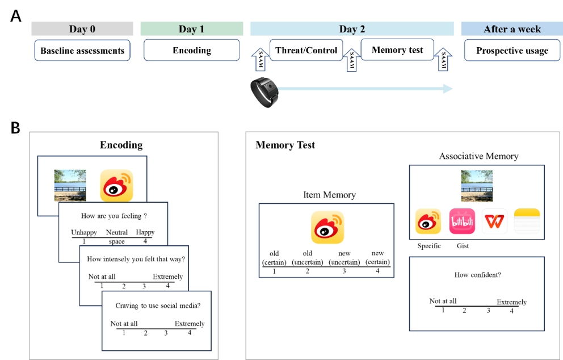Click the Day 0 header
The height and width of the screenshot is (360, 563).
(82, 29)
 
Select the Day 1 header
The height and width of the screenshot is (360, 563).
(191, 29)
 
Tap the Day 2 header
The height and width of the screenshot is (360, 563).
(352, 29)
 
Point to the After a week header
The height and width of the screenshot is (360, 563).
(511, 29)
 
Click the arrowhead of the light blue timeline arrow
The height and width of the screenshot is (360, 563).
(448, 89)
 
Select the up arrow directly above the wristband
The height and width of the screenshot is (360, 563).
(260, 60)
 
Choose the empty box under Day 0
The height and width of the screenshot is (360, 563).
(82, 50)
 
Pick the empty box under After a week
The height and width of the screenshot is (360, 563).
(512, 50)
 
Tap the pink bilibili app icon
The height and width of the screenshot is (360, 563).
(462, 221)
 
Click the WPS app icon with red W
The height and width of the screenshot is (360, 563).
(494, 221)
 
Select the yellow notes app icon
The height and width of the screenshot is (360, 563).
(527, 221)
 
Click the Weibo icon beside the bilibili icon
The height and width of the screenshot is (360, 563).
(428, 221)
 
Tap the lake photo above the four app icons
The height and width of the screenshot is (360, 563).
(477, 186)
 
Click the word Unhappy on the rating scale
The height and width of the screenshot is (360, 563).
(84, 232)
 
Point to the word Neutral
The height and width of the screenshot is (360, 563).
(117, 232)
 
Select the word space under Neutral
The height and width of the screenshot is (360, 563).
(117, 241)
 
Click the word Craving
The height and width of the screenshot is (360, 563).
(127, 305)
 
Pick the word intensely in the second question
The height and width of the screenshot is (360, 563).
(119, 259)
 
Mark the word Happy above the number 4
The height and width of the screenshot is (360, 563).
(145, 232)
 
